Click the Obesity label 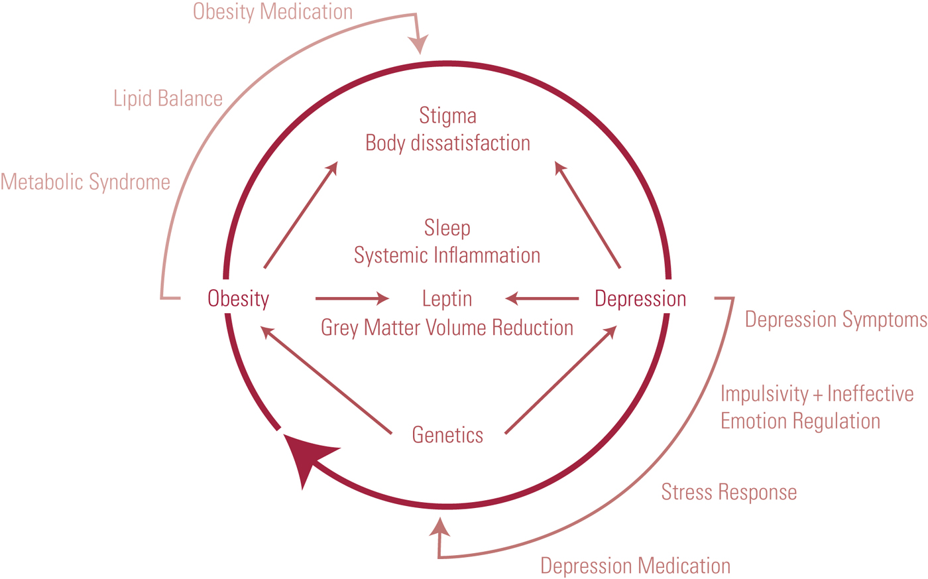coord(238,298)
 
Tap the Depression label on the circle coord(640,298)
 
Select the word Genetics coord(447,435)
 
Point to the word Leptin coord(447,299)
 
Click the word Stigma coord(447,116)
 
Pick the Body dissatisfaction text coord(447,143)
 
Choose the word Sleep coord(447,228)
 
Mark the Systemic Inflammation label coord(447,255)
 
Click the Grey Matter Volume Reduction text coord(447,328)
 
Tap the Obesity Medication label coord(272,12)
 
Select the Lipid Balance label coord(168,99)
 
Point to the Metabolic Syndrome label coord(86,182)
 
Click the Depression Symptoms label coord(836,320)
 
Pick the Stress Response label coord(729,492)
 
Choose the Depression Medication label coord(635,566)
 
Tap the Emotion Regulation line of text coord(800,421)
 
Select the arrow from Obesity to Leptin coord(351,299)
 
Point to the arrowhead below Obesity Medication coord(419,44)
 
